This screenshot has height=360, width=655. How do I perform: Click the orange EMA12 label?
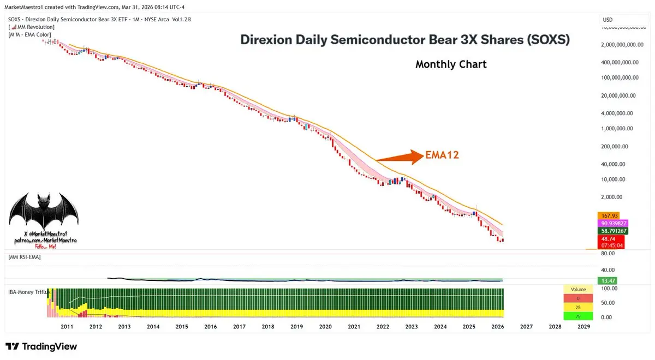[441, 155]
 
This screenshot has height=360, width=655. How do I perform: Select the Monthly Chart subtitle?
[451, 64]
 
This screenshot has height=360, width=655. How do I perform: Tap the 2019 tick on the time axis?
[296, 327]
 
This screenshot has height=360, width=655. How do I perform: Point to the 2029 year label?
[583, 327]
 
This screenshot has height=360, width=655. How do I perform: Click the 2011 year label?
[67, 327]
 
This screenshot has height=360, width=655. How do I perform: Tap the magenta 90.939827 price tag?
[614, 223]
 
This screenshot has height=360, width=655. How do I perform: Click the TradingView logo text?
[41, 346]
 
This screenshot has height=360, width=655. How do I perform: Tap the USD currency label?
[608, 20]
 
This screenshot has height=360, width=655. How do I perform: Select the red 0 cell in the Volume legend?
[578, 298]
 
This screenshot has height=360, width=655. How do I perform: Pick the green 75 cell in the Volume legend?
[578, 316]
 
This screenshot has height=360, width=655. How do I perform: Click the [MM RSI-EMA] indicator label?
[25, 256]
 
